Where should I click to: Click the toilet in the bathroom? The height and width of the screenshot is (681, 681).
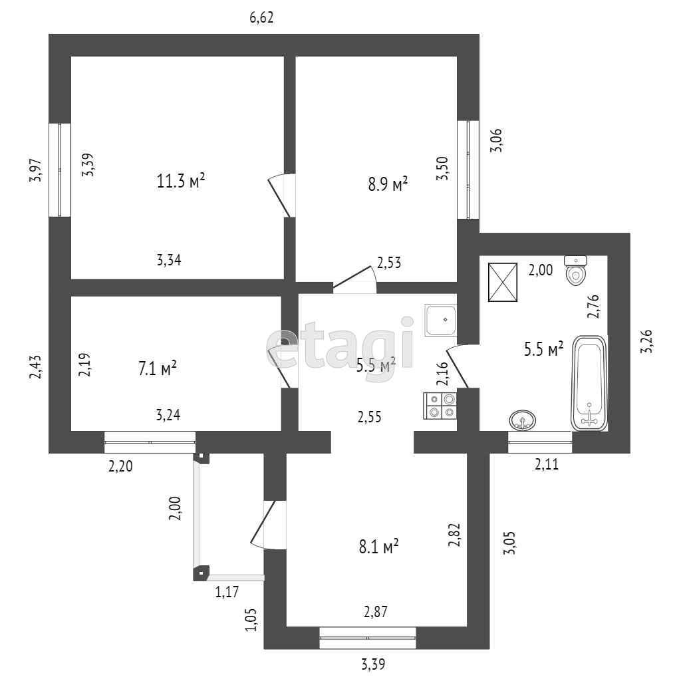(575, 269)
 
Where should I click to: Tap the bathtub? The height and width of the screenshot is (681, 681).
(589, 383)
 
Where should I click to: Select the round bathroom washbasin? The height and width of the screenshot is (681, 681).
(523, 420)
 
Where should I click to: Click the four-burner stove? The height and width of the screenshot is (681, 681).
(440, 405)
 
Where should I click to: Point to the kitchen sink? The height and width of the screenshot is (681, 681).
(440, 320)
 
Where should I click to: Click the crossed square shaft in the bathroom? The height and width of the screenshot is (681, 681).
(503, 281)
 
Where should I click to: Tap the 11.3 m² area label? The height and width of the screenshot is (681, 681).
(180, 182)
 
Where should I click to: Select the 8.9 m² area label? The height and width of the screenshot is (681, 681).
(388, 184)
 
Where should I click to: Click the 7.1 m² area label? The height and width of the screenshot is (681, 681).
(157, 368)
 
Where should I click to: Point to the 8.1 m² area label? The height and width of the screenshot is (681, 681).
(378, 547)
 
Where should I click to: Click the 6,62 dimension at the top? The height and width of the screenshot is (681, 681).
(262, 18)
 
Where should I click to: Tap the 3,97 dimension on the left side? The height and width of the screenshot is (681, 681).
(37, 171)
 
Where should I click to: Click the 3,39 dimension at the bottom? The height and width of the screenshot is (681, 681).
(374, 664)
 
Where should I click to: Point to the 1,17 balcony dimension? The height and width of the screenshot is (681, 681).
(227, 591)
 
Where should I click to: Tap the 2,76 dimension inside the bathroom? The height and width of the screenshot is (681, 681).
(593, 306)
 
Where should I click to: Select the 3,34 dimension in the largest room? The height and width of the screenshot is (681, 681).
(169, 260)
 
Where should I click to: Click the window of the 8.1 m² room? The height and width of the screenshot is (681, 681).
(368, 638)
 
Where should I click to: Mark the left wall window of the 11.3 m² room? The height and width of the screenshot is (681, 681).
(60, 170)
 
